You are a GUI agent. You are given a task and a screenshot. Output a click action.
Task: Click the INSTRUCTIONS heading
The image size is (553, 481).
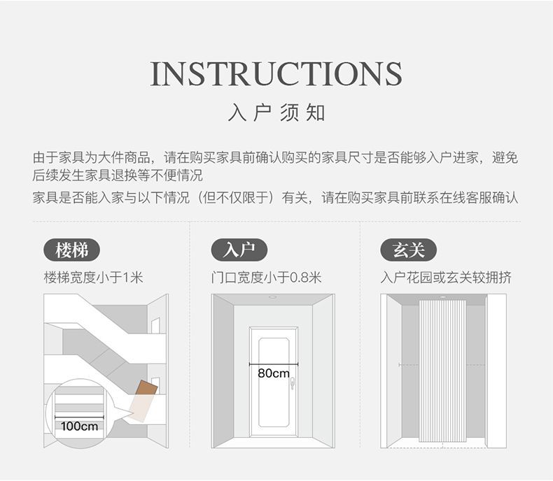point(276,74)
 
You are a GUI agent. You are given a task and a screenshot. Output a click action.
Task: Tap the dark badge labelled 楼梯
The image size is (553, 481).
point(71,250)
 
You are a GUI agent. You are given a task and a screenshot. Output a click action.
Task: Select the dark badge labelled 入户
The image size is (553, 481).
point(239,250)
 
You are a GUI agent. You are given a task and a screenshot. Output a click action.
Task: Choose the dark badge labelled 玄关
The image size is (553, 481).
point(408,250)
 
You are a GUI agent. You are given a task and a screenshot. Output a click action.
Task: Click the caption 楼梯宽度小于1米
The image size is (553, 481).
point(93,278)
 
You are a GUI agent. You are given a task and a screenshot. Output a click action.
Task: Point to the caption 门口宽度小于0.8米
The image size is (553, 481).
point(267,278)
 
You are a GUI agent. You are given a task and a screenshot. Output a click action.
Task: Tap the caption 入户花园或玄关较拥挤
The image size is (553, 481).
point(446,278)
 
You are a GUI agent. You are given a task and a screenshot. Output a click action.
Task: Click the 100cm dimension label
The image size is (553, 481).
point(79,426)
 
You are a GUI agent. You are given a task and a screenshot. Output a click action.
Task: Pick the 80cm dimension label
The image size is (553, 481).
point(273,373)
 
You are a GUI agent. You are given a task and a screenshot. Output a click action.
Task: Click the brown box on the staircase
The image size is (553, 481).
point(145,389)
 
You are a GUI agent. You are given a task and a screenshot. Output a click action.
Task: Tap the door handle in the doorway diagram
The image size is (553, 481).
point(295,383)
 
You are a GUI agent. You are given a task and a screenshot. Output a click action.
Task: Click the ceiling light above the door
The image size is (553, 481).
point(272,298)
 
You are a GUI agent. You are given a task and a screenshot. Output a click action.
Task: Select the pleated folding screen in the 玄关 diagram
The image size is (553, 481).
point(442,371)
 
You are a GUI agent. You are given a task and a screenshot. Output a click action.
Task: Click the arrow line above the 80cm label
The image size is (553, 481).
point(273,364)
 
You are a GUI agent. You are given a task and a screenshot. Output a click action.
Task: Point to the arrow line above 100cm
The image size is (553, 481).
point(79,417)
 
